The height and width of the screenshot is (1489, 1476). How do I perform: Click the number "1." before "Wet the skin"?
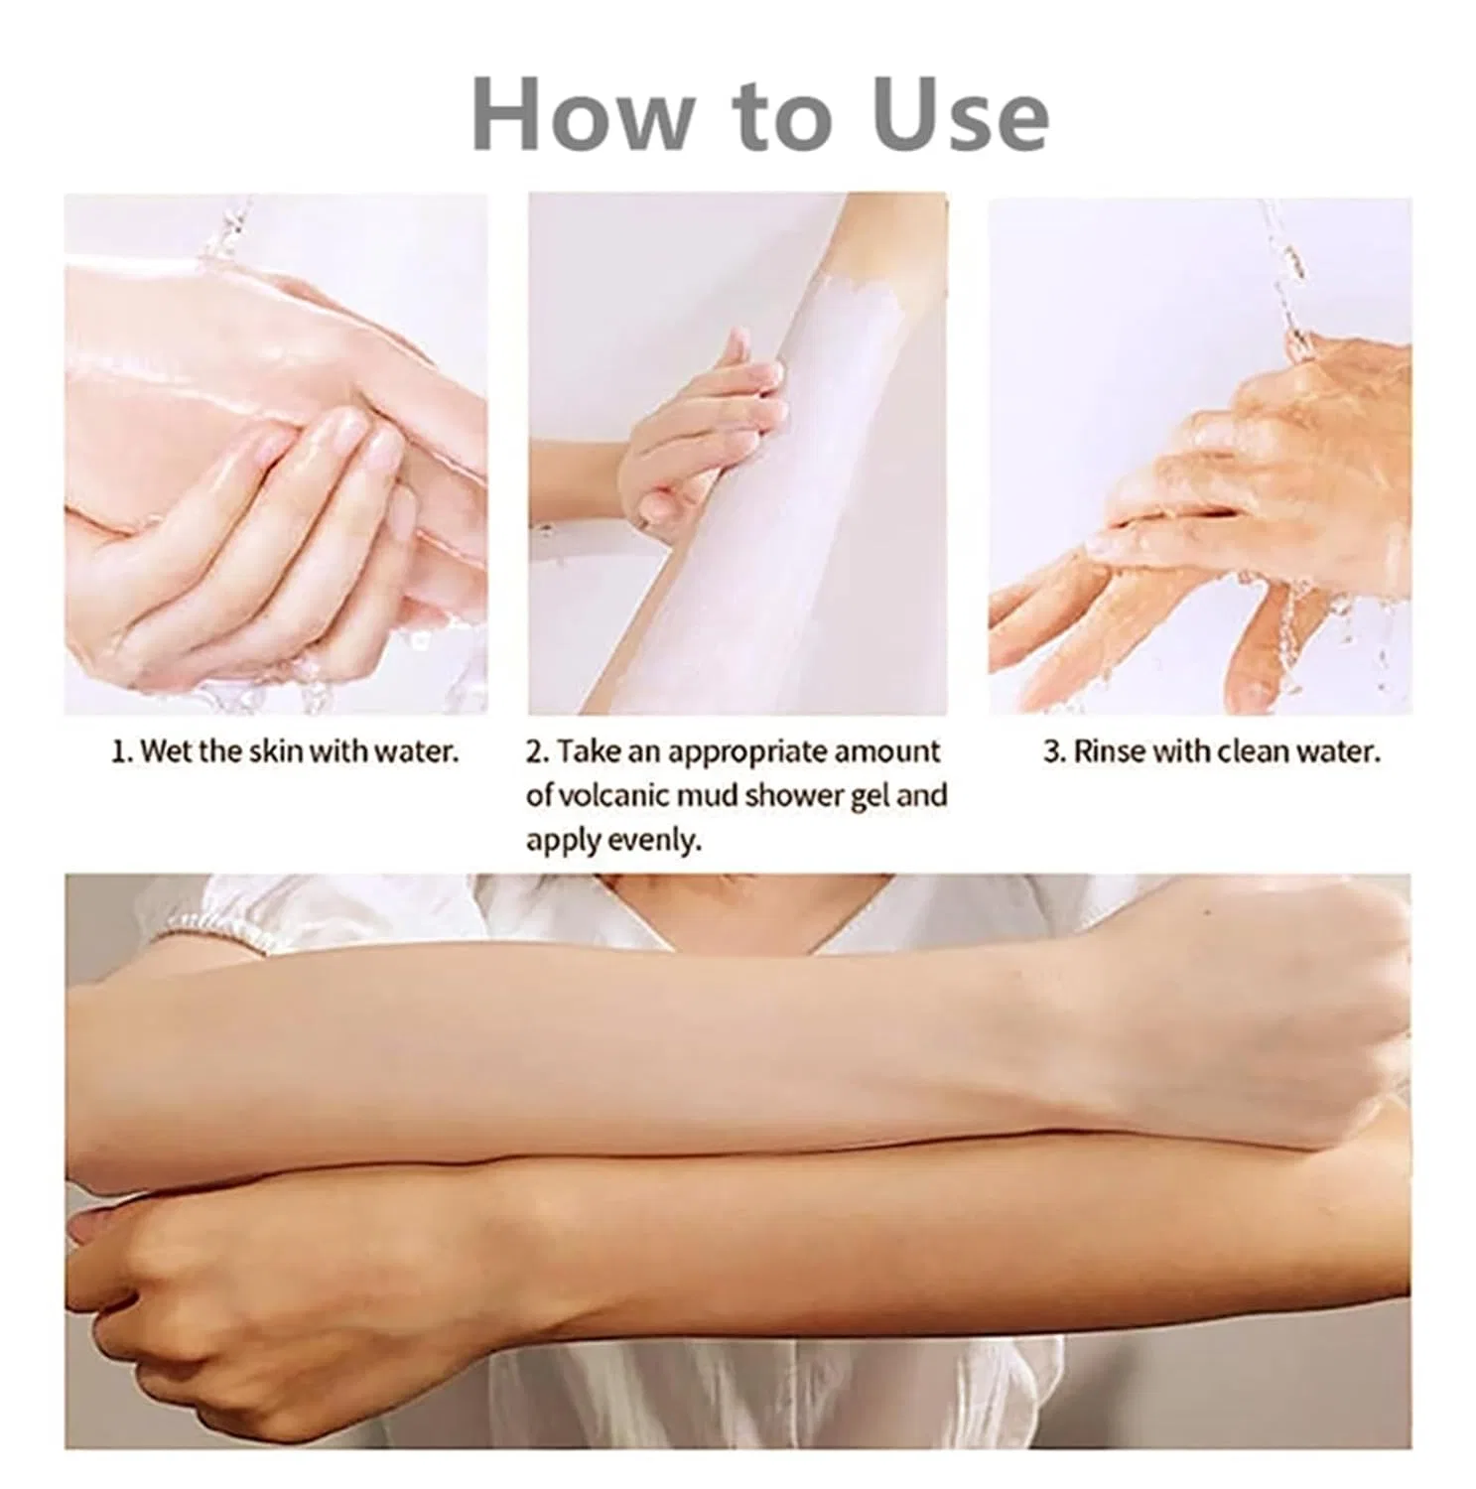(x=122, y=751)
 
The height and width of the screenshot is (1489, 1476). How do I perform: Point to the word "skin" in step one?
(x=276, y=751)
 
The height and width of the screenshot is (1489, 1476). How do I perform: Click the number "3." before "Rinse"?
(x=1054, y=751)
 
